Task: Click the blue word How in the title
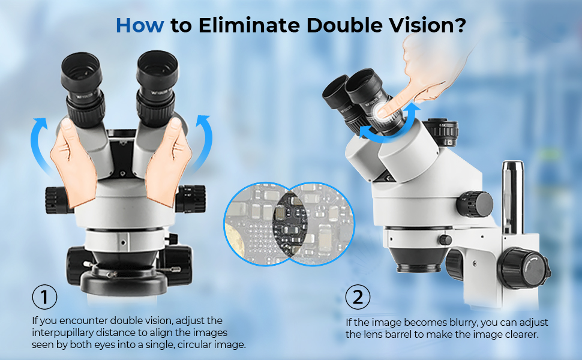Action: (140, 25)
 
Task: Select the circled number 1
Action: (44, 297)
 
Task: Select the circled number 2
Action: (358, 297)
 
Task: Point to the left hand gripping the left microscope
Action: (73, 162)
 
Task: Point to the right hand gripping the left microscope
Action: (168, 162)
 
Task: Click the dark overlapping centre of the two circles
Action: (290, 223)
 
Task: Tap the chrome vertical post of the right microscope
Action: (513, 197)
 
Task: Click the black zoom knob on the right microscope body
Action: (475, 204)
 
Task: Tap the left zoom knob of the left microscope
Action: (58, 200)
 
